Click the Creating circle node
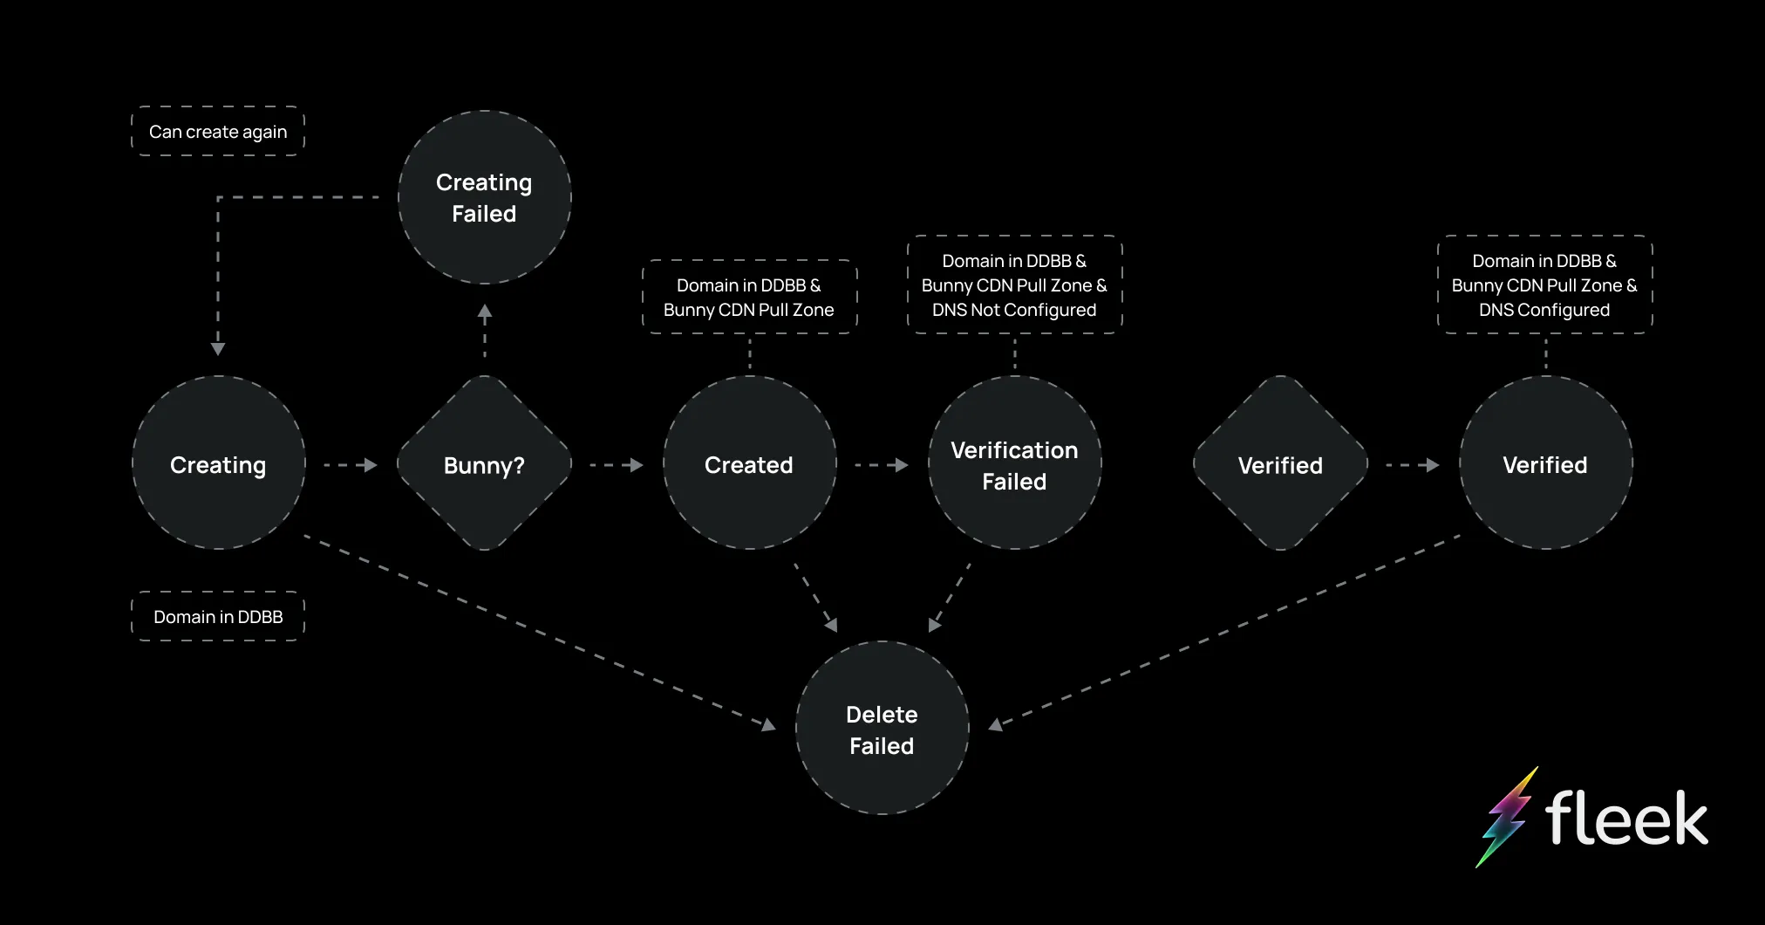pos(218,463)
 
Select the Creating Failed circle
pos(484,197)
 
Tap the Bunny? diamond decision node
pos(484,463)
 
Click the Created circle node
pos(749,463)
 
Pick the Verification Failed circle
pos(1014,463)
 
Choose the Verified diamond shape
pos(1280,463)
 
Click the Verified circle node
pos(1545,463)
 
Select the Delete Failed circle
pos(882,729)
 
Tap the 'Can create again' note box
pos(218,132)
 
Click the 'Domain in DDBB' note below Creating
pos(218,617)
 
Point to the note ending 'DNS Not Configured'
pos(1014,285)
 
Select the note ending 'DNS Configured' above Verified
pos(1544,285)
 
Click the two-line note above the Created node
pos(749,298)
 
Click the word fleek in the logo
pos(1626,819)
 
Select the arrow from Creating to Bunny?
pos(351,465)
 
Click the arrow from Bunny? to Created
pos(617,465)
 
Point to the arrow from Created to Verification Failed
pos(882,465)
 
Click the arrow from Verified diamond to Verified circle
pos(1413,465)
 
